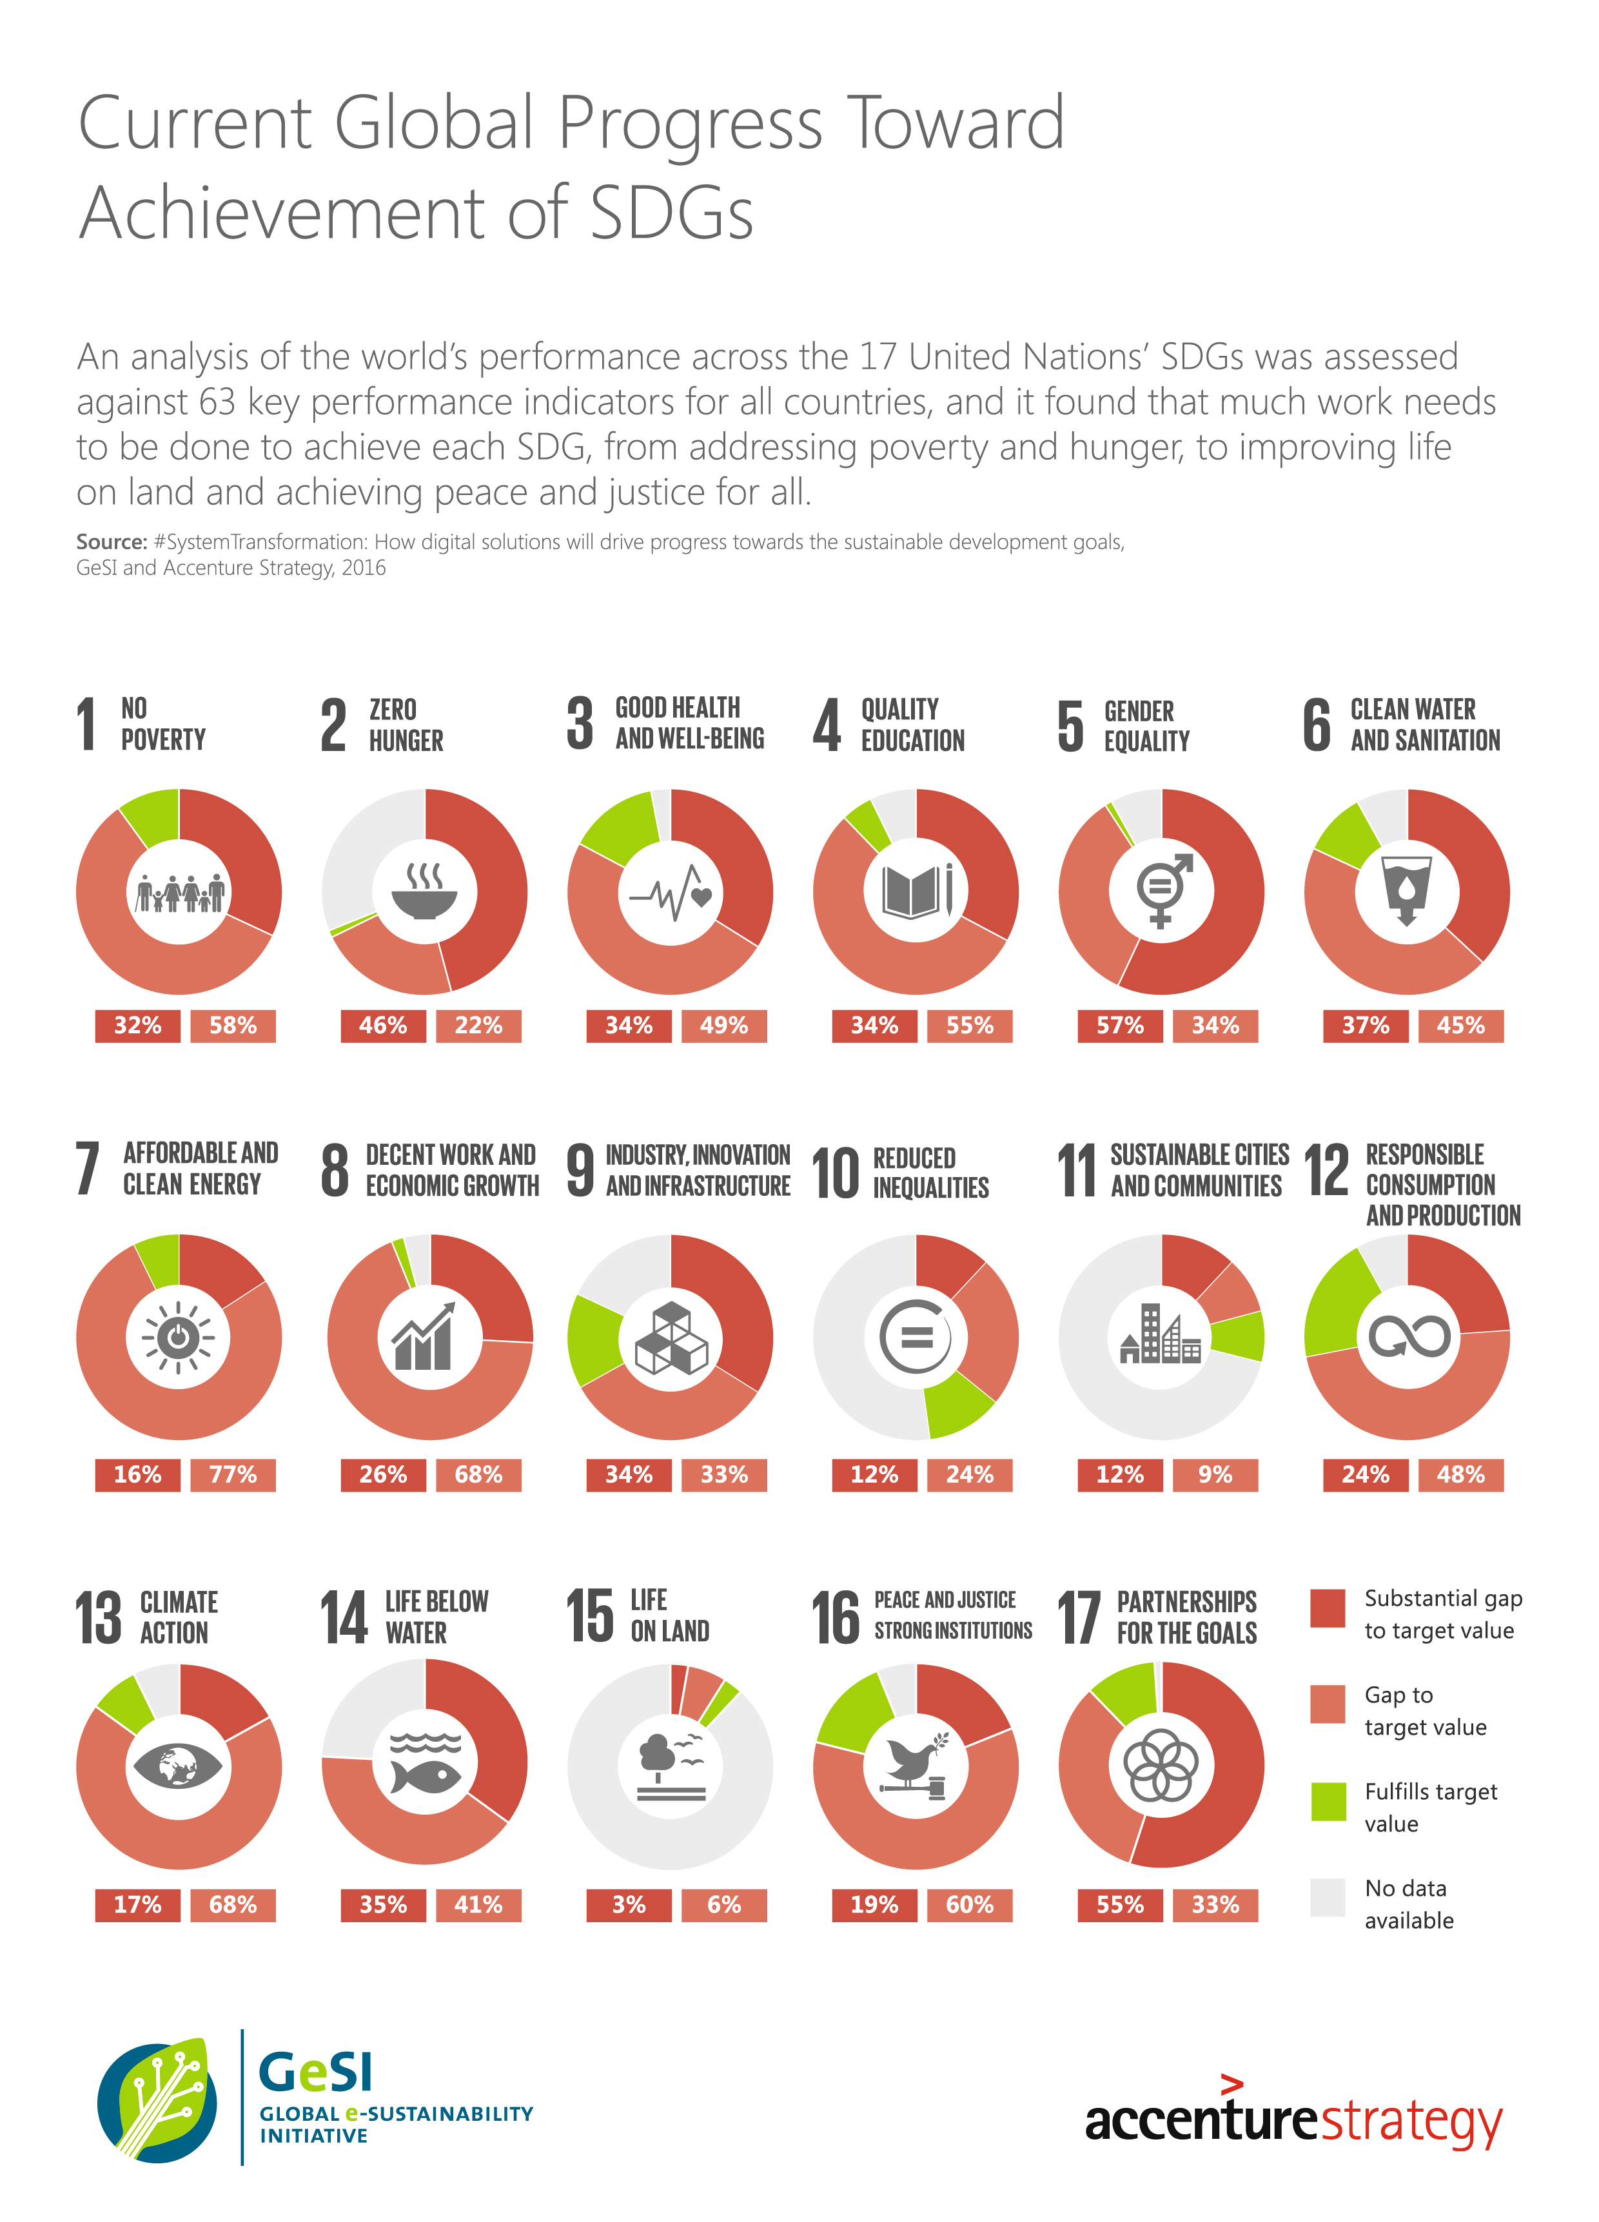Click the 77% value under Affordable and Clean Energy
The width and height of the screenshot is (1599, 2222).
pos(233,1474)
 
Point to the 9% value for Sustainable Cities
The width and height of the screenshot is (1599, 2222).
pos(1215,1474)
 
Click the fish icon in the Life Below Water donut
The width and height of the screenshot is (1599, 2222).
pos(424,1774)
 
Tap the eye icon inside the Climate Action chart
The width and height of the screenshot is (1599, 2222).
pos(179,1766)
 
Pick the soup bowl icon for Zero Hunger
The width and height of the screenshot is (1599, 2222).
pos(424,892)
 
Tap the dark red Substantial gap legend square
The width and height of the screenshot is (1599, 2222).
pos(1328,1608)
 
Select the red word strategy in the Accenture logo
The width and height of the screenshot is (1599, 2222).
pos(1411,2121)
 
